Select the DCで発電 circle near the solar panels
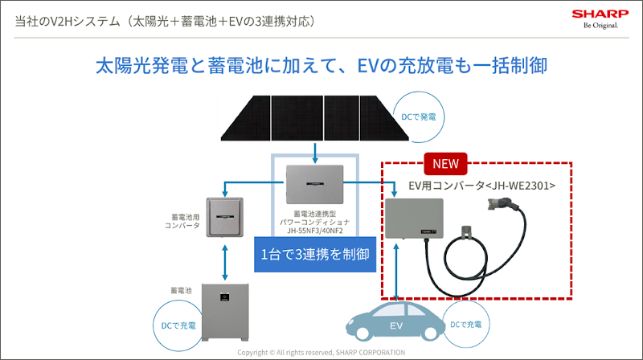pos(418,117)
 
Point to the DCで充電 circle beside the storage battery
pos(175,325)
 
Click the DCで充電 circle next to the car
pos(466,325)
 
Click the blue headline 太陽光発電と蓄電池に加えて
pos(209,65)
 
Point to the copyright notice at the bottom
pos(321,352)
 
